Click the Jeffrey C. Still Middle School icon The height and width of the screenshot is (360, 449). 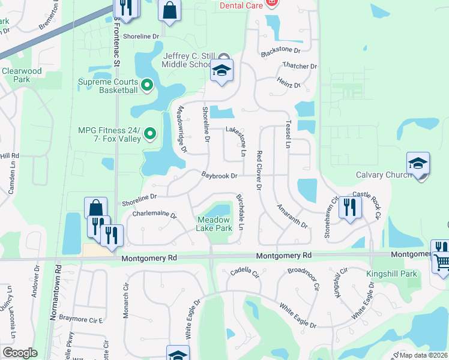[x=221, y=72]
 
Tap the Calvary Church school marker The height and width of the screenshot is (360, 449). [x=418, y=163]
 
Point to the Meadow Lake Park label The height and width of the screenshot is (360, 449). [x=215, y=224]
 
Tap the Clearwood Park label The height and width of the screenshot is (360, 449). [x=22, y=75]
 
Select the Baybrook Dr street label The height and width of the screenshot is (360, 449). [x=220, y=176]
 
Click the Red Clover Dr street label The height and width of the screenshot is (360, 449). [x=259, y=170]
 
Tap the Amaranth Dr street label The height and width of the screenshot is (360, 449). [x=292, y=217]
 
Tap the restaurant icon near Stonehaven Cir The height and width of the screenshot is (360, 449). [x=348, y=207]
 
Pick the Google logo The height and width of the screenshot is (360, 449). [x=20, y=353]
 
